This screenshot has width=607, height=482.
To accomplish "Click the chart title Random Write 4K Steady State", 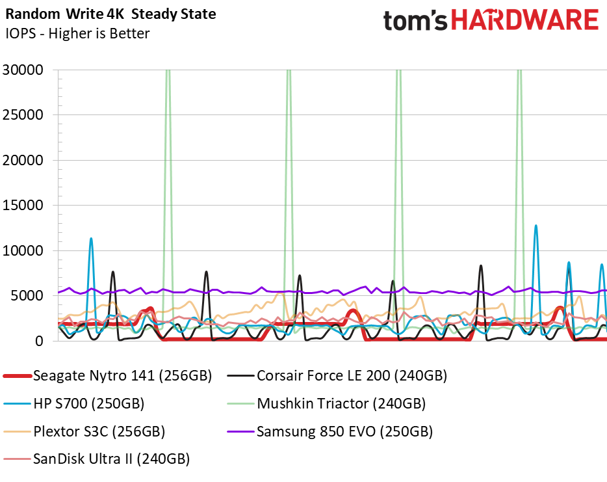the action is click(110, 14).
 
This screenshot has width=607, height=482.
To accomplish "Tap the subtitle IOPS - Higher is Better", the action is click(77, 33).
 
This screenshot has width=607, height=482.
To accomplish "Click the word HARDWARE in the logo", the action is click(525, 20).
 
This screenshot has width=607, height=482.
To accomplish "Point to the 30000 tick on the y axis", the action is click(23, 70).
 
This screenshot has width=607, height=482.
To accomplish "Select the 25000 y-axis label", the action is click(23, 115).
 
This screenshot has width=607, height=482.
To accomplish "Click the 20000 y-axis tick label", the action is click(23, 160).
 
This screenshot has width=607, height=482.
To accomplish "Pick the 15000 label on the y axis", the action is click(23, 206).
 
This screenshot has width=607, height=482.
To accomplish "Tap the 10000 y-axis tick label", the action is click(23, 250).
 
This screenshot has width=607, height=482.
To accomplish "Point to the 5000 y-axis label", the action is click(27, 295).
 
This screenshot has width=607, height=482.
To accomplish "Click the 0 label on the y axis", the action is click(39, 341).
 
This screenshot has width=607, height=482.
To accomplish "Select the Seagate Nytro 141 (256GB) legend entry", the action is click(108, 375).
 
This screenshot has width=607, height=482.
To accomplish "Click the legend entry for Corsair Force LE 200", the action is click(337, 375).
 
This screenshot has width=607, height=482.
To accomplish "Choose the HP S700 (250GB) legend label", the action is click(74, 403).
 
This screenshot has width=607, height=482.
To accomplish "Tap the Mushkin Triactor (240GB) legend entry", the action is click(326, 403).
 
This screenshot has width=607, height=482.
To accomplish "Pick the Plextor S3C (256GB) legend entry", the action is click(84, 431).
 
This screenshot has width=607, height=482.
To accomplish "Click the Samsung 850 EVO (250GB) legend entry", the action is click(330, 431).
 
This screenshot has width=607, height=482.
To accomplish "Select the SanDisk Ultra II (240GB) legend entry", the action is click(96, 459).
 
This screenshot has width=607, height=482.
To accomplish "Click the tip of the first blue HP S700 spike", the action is click(91, 238).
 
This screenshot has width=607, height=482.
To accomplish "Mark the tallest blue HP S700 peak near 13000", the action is click(536, 226).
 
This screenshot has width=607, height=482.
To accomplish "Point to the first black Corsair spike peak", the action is click(113, 272).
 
